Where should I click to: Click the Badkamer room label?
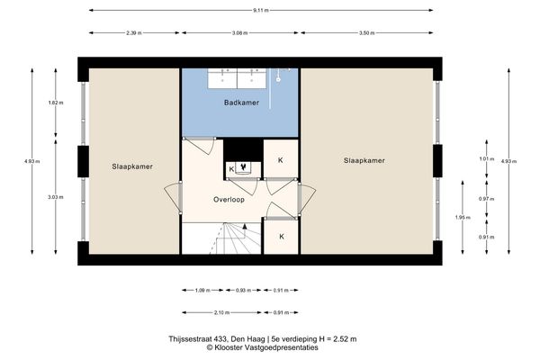(x=241, y=103)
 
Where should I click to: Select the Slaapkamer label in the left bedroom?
(x=131, y=166)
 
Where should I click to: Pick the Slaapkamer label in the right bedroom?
(x=364, y=161)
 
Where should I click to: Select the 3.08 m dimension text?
(x=239, y=32)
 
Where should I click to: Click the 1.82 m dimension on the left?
(x=53, y=103)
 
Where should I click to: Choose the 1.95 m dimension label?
(x=460, y=217)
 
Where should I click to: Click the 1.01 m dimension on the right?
(x=487, y=159)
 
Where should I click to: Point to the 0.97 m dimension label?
(x=487, y=198)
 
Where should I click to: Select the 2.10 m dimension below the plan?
(x=220, y=312)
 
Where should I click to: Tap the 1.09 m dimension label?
(x=202, y=290)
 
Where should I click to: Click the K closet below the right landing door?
(x=281, y=236)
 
